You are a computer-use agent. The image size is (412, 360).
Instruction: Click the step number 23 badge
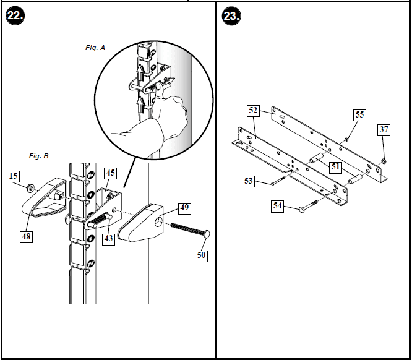pyautogui.click(x=231, y=16)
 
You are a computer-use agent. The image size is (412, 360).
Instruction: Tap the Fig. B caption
pyautogui.click(x=38, y=157)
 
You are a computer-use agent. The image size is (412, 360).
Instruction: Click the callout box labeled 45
pyautogui.click(x=109, y=173)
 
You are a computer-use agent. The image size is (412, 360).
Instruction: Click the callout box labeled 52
pyautogui.click(x=253, y=111)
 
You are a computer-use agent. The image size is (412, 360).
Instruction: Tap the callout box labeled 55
pyautogui.click(x=359, y=115)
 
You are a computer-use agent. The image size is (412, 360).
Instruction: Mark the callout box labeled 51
pyautogui.click(x=335, y=166)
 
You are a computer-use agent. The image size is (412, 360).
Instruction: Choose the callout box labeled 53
pyautogui.click(x=249, y=181)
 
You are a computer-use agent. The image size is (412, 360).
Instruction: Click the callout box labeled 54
pyautogui.click(x=278, y=205)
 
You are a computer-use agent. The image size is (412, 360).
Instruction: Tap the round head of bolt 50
pyautogui.click(x=206, y=234)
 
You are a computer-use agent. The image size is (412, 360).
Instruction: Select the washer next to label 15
pyautogui.click(x=30, y=186)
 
